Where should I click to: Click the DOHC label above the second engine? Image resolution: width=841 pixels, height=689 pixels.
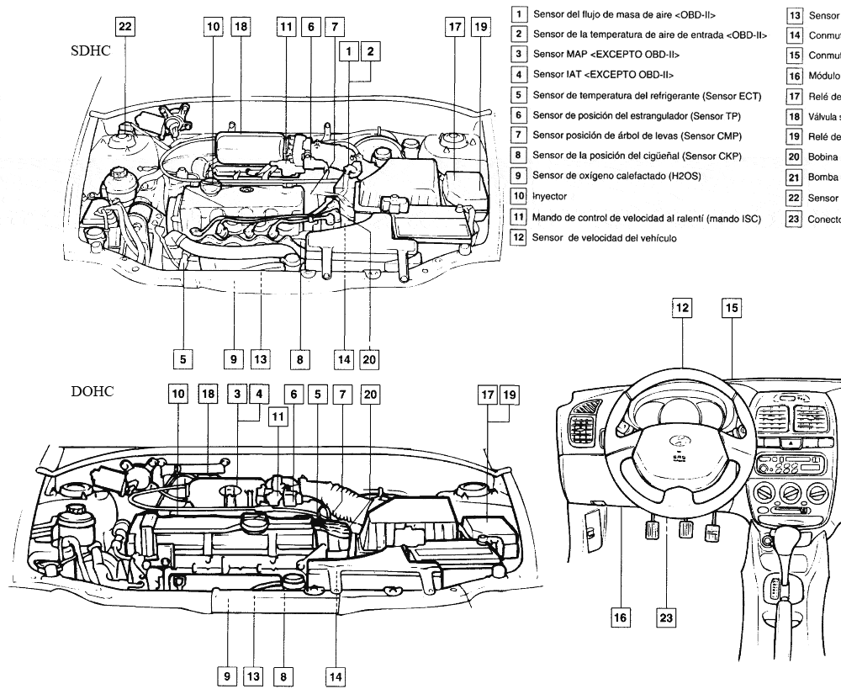coord(92,392)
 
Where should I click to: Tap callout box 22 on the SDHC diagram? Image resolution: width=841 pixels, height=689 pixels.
coord(124,27)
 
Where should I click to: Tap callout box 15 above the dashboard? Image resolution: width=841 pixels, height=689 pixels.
coord(732,308)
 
